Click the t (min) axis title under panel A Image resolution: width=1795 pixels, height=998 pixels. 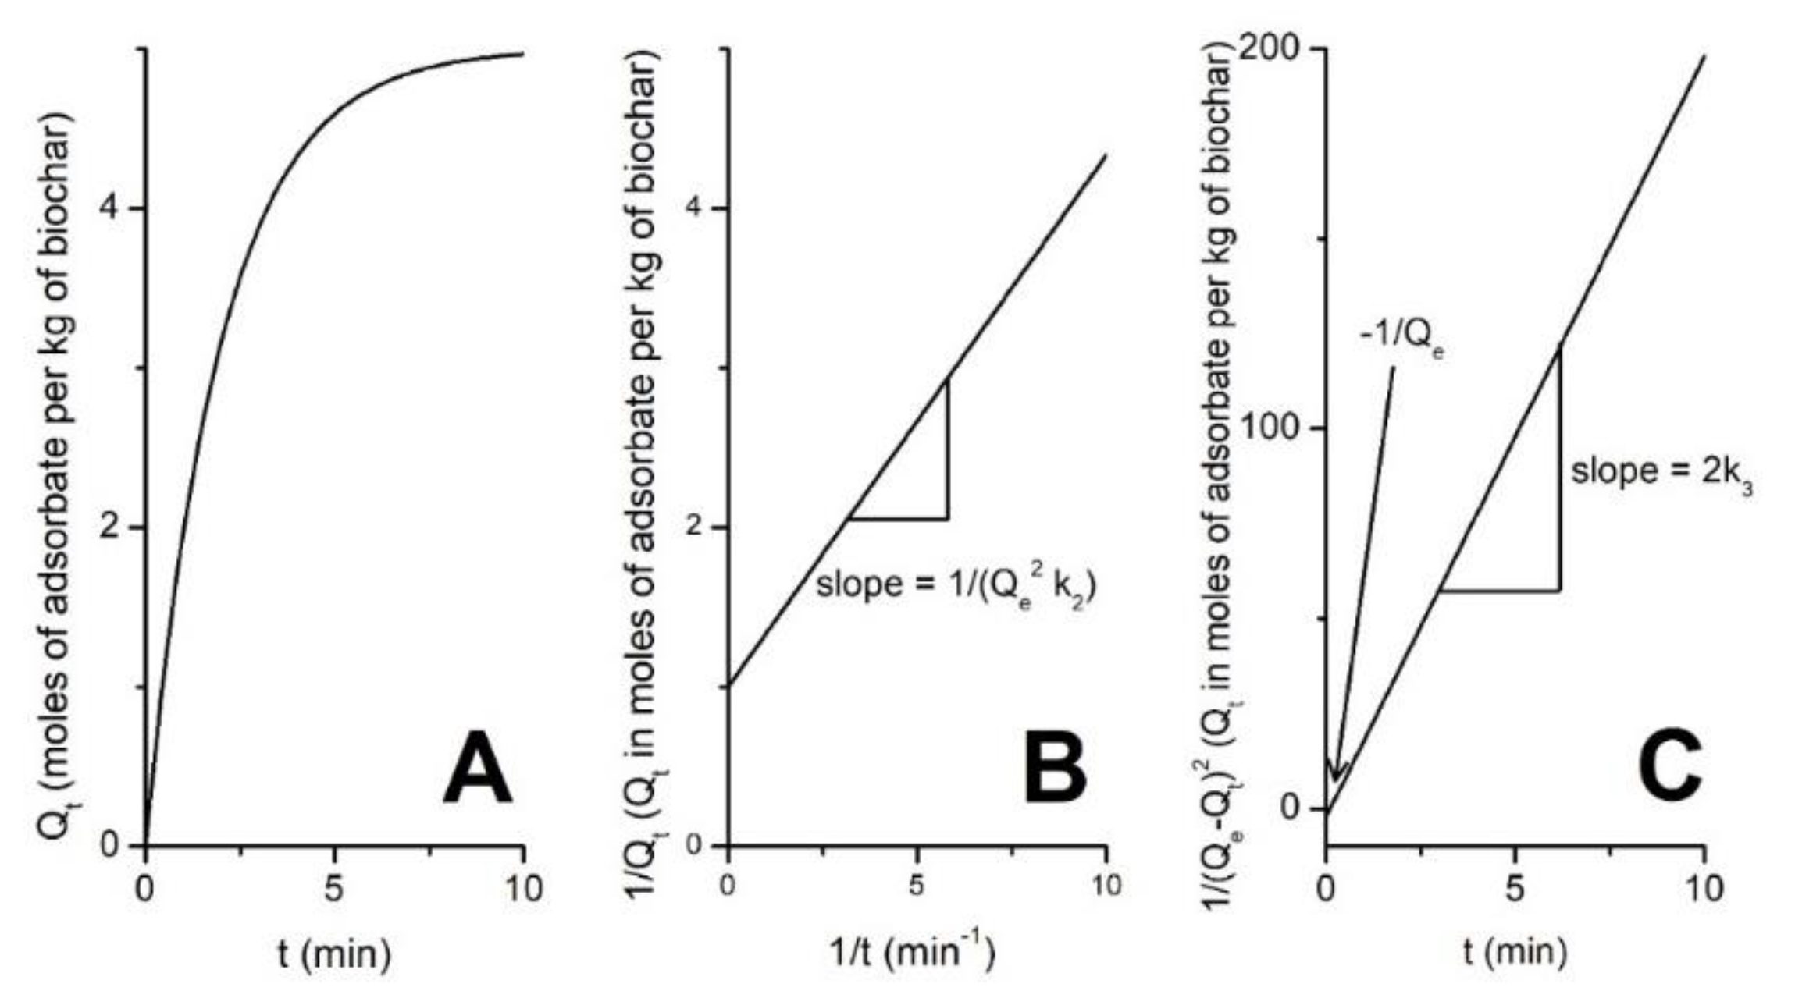335,953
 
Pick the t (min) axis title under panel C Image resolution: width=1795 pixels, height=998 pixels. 1515,953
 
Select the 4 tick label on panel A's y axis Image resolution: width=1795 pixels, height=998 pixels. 114,209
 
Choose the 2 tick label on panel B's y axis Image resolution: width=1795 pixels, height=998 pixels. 696,527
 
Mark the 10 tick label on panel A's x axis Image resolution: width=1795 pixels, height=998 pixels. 522,889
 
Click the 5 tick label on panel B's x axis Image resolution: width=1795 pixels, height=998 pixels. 917,886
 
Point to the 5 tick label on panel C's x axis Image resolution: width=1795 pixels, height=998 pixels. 1515,889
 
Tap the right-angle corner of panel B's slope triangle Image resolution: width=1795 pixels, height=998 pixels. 948,519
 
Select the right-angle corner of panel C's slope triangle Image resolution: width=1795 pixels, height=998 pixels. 1560,590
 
